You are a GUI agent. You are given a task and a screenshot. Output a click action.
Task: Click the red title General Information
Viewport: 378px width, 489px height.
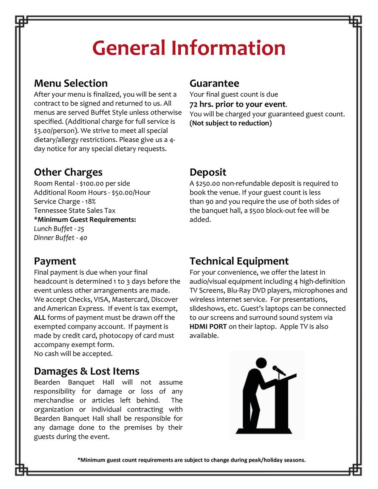189,48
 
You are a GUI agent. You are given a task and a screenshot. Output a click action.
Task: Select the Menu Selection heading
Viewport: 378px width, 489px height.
71,83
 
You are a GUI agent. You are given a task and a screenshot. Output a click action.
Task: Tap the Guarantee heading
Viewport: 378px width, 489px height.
214,83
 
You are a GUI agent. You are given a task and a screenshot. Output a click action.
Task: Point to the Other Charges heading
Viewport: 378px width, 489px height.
68,172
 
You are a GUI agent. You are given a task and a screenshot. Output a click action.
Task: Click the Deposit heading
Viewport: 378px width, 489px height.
208,172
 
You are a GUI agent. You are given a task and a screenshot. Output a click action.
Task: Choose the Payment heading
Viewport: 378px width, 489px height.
55,261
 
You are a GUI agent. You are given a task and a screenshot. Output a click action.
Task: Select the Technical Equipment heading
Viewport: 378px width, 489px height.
239,261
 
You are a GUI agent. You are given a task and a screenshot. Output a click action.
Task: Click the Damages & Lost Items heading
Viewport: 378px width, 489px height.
87,371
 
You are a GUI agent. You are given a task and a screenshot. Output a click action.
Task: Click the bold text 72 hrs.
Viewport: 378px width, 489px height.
201,104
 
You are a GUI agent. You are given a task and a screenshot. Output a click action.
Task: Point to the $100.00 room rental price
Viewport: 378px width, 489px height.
92,184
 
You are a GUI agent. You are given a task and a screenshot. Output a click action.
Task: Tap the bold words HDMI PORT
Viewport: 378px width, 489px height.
208,327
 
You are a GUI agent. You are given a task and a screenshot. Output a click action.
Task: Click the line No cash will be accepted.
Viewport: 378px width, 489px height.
73,354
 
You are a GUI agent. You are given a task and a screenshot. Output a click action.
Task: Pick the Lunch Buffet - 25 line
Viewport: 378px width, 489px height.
59,229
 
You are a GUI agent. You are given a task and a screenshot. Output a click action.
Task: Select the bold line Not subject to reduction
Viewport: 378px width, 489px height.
231,124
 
